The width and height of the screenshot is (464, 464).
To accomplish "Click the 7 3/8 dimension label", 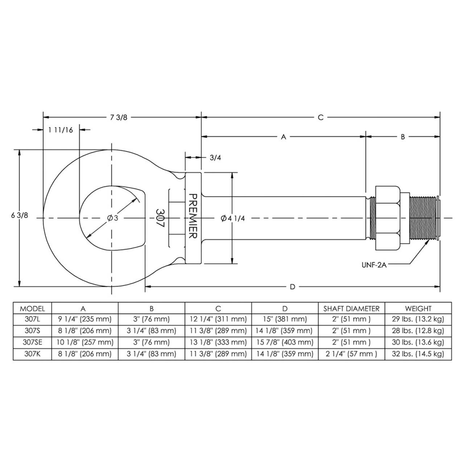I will [x=119, y=117].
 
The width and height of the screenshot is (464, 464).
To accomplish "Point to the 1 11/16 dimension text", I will [x=60, y=130].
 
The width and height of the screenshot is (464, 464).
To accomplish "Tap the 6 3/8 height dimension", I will [x=19, y=215].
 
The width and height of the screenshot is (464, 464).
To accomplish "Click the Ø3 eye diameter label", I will [x=113, y=218].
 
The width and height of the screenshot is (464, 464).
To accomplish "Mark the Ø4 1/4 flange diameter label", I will [x=233, y=218].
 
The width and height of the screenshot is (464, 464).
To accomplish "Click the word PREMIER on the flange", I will [x=193, y=216].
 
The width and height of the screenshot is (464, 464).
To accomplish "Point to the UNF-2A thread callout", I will [x=374, y=265].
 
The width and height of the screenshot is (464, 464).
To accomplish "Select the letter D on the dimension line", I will [x=292, y=287].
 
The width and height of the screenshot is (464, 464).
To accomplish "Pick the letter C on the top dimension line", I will [x=320, y=117].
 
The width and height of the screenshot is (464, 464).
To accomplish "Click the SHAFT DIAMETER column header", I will [x=351, y=308].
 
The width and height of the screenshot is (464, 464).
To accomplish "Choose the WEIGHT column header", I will [x=418, y=308].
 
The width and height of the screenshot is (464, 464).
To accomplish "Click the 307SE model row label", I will [x=32, y=342].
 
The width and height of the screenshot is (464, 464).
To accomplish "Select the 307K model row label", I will [x=32, y=354].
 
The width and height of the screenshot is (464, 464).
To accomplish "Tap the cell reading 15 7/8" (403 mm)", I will [x=285, y=342].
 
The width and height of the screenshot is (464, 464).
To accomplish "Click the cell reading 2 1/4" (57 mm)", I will [x=351, y=354].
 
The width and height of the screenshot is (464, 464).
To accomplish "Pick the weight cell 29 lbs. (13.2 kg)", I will [x=418, y=319].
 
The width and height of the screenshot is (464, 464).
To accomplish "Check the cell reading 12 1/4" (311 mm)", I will [x=218, y=319].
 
